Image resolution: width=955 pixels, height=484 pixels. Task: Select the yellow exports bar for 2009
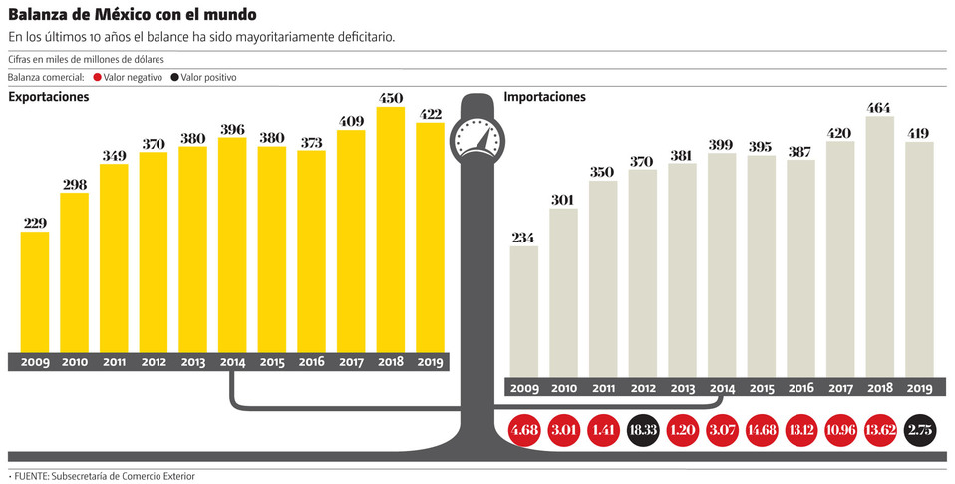coord(35,291)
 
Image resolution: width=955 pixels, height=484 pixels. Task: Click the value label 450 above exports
coord(390,98)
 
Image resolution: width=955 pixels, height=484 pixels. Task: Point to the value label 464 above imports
coord(880,108)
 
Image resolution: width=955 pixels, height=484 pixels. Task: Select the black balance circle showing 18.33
coord(643,432)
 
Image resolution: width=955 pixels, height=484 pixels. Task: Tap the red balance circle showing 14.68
coord(763,432)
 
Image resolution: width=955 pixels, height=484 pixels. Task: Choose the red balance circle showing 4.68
coord(523,432)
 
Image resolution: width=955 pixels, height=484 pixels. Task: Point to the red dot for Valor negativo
coord(96,77)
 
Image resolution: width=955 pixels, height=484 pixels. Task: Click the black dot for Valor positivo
coord(174,77)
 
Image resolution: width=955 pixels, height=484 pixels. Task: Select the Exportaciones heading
coord(49,97)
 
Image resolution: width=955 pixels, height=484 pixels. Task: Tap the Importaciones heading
coord(544,97)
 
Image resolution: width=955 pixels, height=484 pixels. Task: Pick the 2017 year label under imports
coord(840,388)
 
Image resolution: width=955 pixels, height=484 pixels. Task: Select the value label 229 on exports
coord(35,223)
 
